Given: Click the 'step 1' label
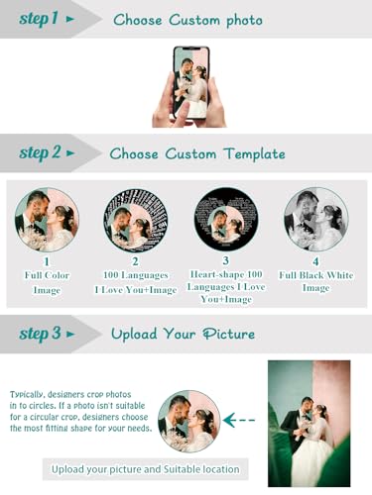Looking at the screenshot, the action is [39, 19].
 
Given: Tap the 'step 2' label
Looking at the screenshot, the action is [40, 152].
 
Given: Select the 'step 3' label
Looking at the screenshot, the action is [40, 334].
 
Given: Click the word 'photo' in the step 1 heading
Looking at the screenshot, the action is [244, 21].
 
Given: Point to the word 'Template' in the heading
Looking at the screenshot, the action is [254, 154].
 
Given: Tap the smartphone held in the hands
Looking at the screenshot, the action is [191, 83].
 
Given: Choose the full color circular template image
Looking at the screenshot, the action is [47, 220].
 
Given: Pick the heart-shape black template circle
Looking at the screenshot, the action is [226, 220].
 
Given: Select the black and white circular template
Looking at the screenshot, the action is [316, 220].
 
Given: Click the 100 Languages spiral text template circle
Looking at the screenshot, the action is [136, 220].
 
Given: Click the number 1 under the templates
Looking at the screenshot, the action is [47, 261].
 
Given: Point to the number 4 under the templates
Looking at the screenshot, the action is [315, 261].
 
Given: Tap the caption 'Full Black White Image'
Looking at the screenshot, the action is [315, 281].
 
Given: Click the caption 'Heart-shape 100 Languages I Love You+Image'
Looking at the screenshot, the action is [226, 287].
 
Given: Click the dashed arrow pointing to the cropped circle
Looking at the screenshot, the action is [239, 420].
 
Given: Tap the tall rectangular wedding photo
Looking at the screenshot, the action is [309, 424].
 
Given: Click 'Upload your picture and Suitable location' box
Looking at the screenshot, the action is [145, 469].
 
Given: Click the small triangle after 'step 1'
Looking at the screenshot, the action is [70, 19].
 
